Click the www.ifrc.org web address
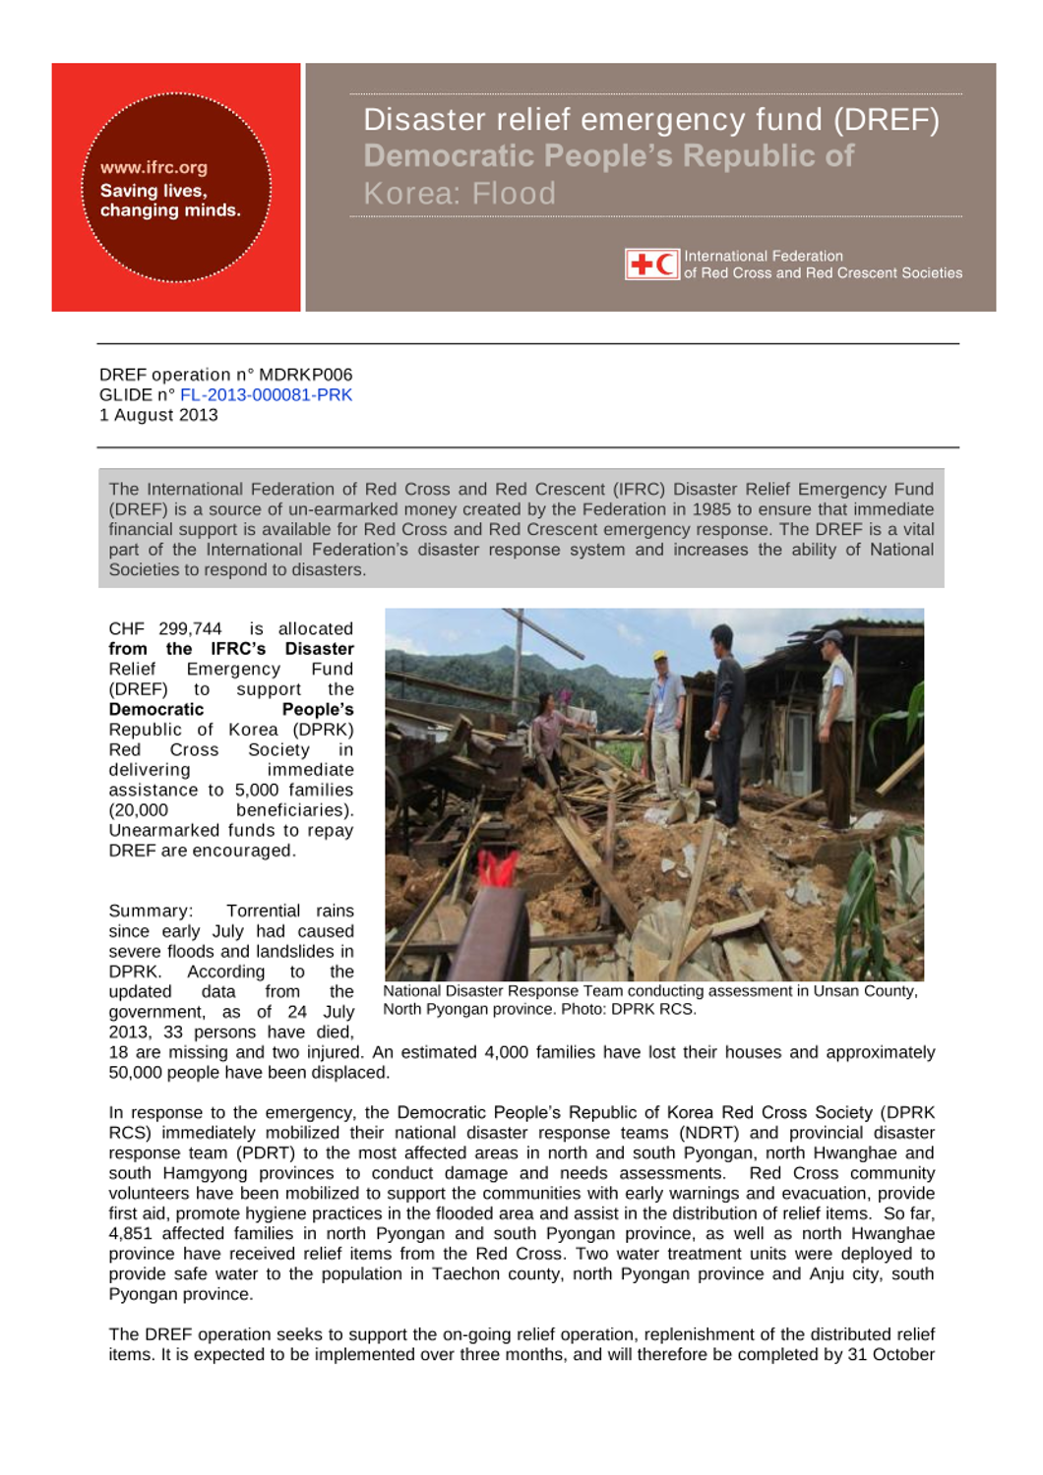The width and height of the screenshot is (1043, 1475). (153, 167)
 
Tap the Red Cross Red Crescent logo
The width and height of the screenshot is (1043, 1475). (651, 264)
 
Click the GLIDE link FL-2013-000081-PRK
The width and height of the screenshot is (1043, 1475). (266, 395)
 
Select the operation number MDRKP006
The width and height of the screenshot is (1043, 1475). (305, 375)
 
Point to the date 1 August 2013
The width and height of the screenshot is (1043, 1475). (158, 415)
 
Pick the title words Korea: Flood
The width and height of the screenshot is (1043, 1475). (460, 194)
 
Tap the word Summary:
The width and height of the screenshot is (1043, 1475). (151, 912)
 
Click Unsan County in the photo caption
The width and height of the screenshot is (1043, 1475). (864, 991)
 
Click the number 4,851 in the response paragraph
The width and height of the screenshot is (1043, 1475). (132, 1234)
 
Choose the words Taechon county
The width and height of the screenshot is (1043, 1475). (474, 1274)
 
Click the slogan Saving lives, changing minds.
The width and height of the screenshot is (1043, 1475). (169, 201)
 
